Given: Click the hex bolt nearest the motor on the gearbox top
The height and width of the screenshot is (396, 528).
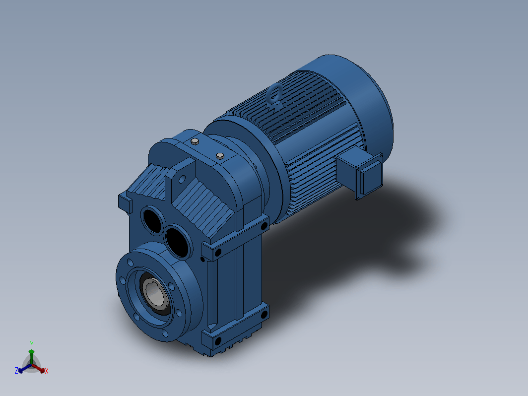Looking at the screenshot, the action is pos(220,156).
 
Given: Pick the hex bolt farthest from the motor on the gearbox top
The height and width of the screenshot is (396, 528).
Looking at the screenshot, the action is pos(195,141).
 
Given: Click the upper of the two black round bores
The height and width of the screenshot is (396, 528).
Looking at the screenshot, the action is pos(152,220).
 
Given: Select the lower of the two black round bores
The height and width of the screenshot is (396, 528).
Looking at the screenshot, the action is pos(178,241).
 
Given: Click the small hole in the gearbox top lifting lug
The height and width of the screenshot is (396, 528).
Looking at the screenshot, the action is pos(182,179).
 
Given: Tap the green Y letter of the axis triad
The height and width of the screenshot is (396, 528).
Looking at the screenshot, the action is pos(32,344).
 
